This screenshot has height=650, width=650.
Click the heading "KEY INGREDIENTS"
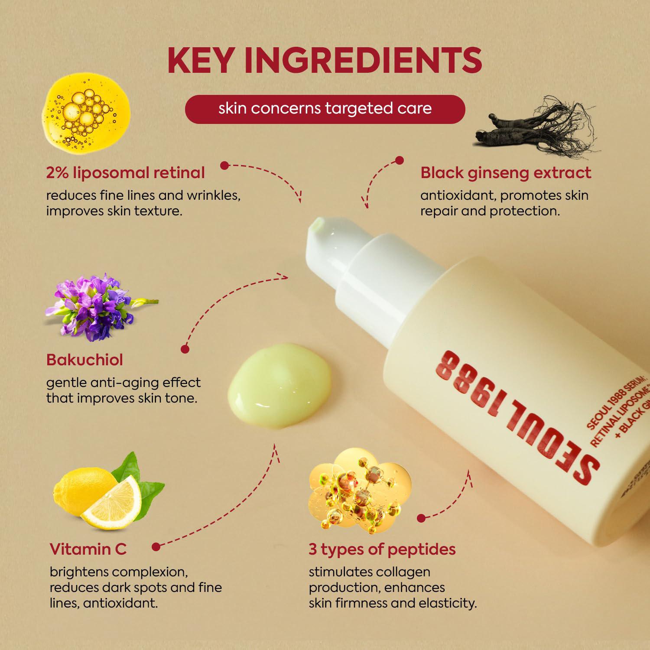(325, 60)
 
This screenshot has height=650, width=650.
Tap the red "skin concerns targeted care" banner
(325, 109)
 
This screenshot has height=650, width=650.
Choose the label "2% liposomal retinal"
(125, 173)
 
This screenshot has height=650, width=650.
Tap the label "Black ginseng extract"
(505, 173)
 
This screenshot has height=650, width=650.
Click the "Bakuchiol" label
(84, 360)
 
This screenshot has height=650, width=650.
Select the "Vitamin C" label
(88, 549)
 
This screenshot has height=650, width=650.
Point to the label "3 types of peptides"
(382, 549)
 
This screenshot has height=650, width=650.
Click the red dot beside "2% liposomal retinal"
(224, 165)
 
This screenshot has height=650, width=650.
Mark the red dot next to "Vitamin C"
(156, 547)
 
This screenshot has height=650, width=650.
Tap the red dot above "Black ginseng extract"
(400, 160)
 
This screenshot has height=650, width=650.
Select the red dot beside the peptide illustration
(420, 518)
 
